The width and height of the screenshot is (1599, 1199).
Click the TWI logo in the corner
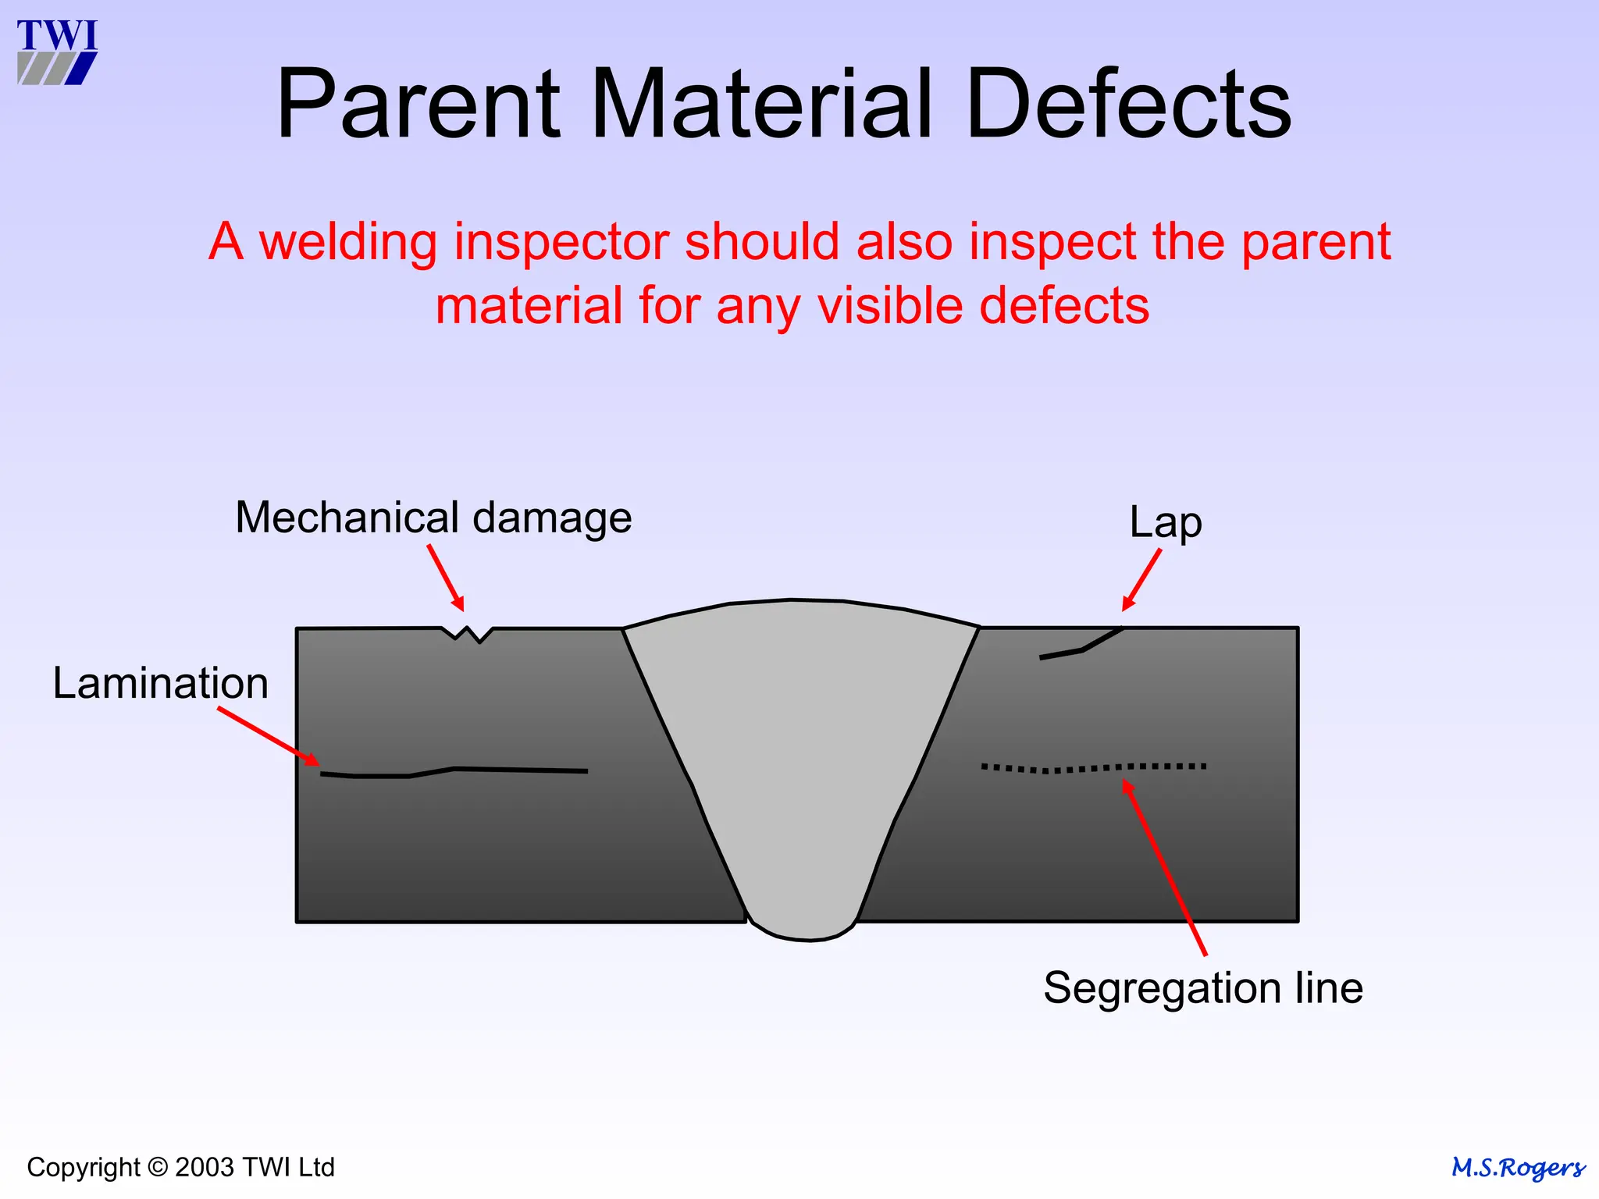click(x=57, y=52)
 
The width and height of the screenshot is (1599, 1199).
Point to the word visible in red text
click(x=889, y=305)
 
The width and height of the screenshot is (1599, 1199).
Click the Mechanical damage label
click(x=433, y=518)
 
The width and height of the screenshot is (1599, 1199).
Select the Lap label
click(x=1165, y=522)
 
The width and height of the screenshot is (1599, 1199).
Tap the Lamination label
click(x=161, y=683)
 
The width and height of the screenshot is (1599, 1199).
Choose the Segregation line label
click(x=1202, y=987)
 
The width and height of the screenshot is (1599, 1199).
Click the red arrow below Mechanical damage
click(x=446, y=578)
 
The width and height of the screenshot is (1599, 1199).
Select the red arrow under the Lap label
click(x=1141, y=580)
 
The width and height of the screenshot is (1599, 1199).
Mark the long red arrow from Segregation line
click(x=1165, y=867)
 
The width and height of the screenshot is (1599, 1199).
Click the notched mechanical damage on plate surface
click(x=467, y=633)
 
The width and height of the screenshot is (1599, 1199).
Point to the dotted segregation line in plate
click(x=1093, y=768)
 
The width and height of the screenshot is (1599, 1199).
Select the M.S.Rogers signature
click(x=1517, y=1168)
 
